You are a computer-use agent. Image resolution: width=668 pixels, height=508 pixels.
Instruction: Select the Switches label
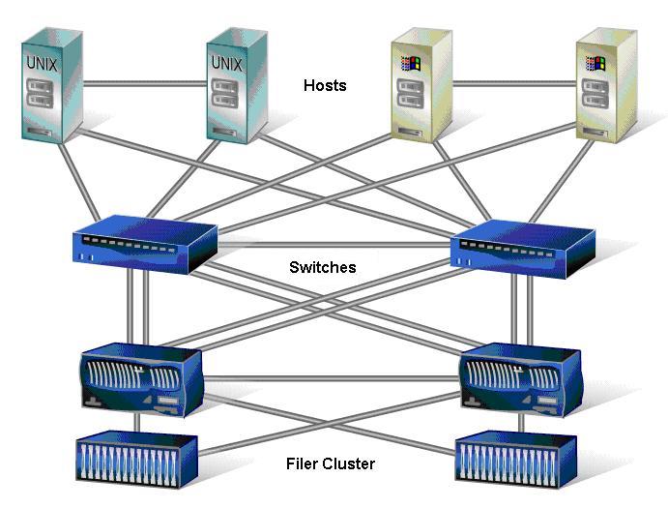click(322, 267)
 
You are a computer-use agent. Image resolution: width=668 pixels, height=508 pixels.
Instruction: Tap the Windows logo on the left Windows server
click(410, 65)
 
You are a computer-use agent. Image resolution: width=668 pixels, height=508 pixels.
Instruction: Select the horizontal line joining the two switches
click(334, 244)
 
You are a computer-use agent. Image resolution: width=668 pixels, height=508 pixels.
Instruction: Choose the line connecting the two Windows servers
click(512, 83)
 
